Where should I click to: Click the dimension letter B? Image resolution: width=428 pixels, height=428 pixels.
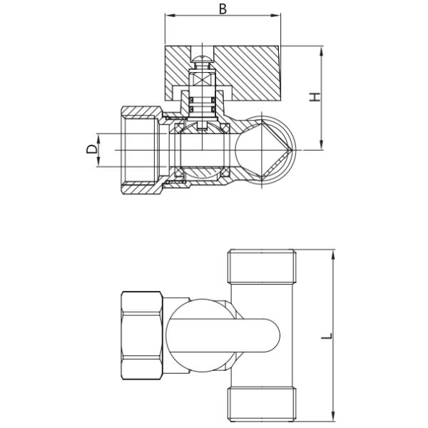coord(223,9)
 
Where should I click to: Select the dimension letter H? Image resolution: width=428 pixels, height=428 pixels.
coord(315,96)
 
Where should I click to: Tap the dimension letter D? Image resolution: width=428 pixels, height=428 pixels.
coord(91,150)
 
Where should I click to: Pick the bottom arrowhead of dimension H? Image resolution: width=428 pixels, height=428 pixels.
coord(322,147)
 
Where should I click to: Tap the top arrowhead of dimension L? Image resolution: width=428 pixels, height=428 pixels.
coord(333,253)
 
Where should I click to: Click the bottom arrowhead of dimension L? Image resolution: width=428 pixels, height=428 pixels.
coord(333,418)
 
